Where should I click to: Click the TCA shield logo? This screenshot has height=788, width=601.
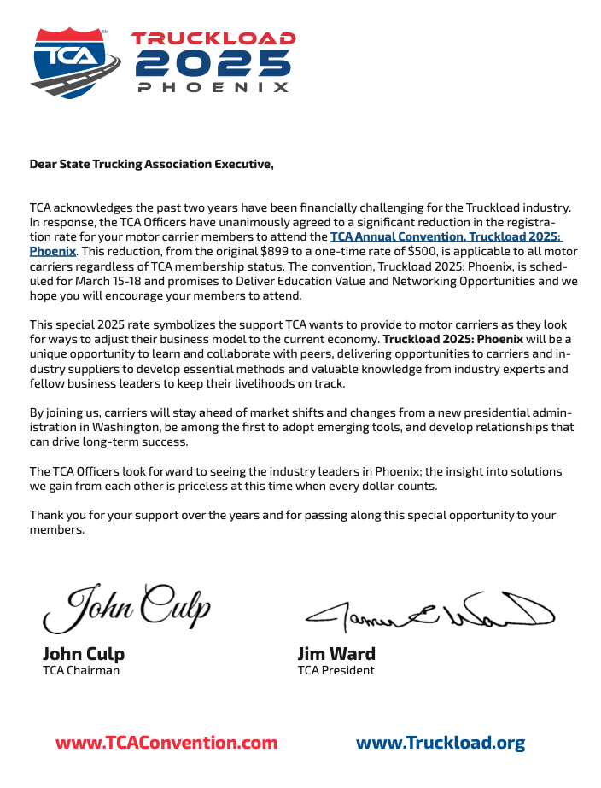click(x=72, y=61)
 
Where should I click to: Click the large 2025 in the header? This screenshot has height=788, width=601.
click(x=213, y=62)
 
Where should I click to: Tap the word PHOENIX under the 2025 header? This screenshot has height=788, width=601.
click(x=213, y=87)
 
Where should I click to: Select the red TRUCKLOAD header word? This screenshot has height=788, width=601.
click(x=213, y=38)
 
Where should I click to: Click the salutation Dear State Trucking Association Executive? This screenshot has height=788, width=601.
click(x=152, y=164)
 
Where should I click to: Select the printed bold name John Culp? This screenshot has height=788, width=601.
click(x=84, y=654)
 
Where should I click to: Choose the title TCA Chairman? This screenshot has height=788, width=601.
click(x=81, y=670)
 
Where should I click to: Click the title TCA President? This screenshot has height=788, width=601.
click(x=336, y=670)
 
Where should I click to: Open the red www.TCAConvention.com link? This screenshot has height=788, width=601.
click(x=166, y=743)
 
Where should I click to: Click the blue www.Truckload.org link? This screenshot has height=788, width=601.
click(x=440, y=743)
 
